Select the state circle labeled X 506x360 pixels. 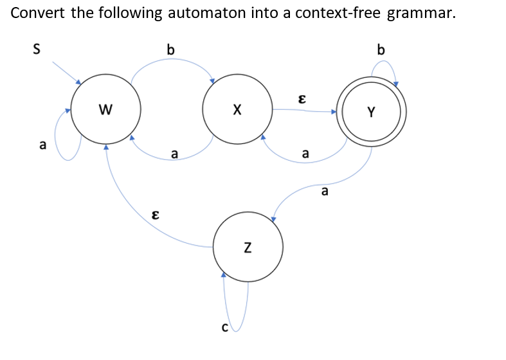click(237, 111)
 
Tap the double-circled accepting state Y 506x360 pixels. click(372, 113)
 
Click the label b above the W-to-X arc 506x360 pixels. click(170, 49)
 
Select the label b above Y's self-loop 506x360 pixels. click(381, 49)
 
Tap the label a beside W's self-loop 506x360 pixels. click(42, 145)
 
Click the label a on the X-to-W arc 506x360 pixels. click(174, 154)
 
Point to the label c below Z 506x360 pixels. click(224, 328)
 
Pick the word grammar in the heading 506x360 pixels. click(420, 14)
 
